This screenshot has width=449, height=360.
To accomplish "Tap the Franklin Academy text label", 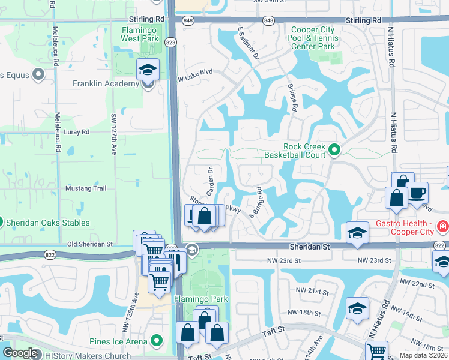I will [x=106, y=83].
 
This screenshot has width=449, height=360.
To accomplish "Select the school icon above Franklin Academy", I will [x=148, y=70].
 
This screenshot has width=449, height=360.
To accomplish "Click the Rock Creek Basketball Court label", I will [x=295, y=151].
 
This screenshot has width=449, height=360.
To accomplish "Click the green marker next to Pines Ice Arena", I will [x=157, y=341].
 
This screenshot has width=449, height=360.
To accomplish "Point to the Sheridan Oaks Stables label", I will [x=47, y=223].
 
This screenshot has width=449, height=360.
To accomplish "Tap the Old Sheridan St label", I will [x=90, y=244].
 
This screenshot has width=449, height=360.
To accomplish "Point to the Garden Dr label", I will [x=210, y=181].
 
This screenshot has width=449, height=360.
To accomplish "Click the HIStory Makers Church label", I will [x=88, y=356].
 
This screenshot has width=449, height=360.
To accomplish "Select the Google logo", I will [x=20, y=353].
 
